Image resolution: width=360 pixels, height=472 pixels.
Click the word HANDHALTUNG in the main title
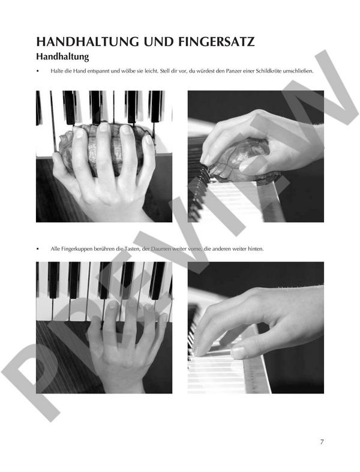coord(88,42)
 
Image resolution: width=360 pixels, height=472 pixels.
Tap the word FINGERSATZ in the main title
coord(216,42)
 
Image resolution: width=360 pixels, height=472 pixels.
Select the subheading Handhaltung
coord(62,56)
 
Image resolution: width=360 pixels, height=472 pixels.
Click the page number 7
coord(322,442)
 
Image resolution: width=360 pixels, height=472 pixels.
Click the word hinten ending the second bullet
coord(256,249)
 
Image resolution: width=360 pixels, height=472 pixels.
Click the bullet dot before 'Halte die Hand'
coord(38,71)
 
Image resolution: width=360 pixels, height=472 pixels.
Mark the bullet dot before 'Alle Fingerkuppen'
coord(38,249)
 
